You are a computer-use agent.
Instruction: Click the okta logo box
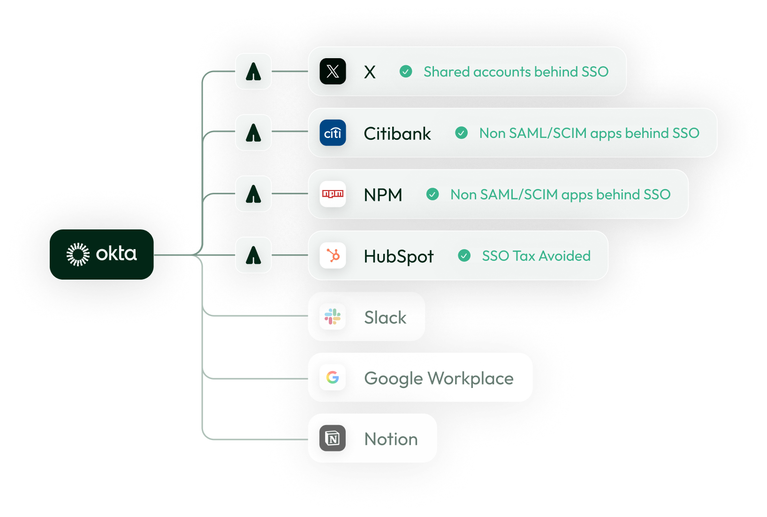[x=102, y=254]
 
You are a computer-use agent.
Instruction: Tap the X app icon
[x=333, y=71]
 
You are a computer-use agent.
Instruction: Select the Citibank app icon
[x=333, y=133]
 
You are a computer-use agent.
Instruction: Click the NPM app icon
[x=333, y=194]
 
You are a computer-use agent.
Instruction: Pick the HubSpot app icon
[x=333, y=256]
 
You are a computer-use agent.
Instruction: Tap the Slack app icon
[x=333, y=317]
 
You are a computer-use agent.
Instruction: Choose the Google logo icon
[x=333, y=377]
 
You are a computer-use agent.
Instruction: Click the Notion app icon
[x=333, y=438]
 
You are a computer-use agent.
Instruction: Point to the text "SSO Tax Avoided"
[x=536, y=256]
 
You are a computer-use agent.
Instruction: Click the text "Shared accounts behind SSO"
[x=516, y=72]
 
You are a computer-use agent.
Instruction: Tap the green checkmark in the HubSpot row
[x=464, y=256]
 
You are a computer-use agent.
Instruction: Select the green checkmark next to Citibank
[x=461, y=133]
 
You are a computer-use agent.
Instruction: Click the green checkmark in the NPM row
[x=433, y=194]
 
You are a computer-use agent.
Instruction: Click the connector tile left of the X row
[x=253, y=71]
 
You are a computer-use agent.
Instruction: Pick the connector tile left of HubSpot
[x=253, y=255]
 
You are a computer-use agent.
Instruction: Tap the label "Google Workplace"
[x=439, y=378]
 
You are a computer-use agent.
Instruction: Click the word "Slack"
[x=385, y=317]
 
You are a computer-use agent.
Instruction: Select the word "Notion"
[x=391, y=439]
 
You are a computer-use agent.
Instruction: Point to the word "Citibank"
[x=397, y=134]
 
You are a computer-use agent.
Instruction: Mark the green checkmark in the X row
[x=406, y=71]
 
